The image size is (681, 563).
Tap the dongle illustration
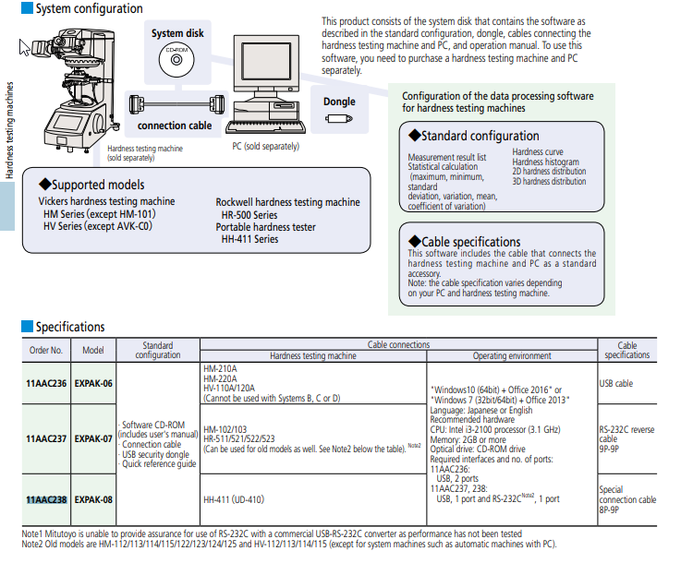point(338,121)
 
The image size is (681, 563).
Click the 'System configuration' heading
point(88,9)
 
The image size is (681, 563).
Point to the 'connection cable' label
point(175,126)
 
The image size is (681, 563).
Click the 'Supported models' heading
point(97,185)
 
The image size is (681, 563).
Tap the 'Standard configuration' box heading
point(480,136)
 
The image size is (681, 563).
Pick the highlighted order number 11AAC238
point(46,498)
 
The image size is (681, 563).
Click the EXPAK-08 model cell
point(93,498)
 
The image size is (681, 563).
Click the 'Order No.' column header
point(46,351)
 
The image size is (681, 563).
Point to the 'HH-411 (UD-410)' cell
point(234,499)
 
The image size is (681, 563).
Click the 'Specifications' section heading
point(70,327)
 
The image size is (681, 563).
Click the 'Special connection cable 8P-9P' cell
point(627,499)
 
